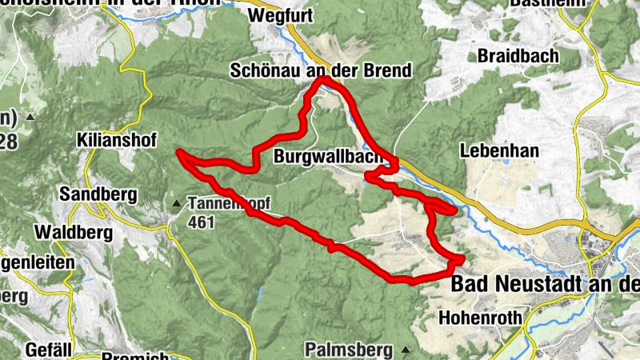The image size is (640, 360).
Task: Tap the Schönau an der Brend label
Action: point(320,70)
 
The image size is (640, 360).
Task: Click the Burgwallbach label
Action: point(328,157)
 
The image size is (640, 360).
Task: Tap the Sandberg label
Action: point(98,194)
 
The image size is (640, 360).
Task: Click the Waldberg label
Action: point(72,232)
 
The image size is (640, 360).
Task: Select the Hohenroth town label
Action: point(481,318)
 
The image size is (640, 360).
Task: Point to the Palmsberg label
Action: point(348,350)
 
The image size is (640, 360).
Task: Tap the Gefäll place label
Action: point(49,350)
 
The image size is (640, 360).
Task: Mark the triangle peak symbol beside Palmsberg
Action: point(406,350)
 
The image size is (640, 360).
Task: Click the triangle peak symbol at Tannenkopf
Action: point(176,203)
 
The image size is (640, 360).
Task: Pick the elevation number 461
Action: point(202,222)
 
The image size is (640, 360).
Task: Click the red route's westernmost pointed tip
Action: point(179,151)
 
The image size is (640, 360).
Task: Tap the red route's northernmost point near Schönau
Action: point(322,79)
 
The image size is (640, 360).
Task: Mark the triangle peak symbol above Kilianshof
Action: point(30,118)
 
